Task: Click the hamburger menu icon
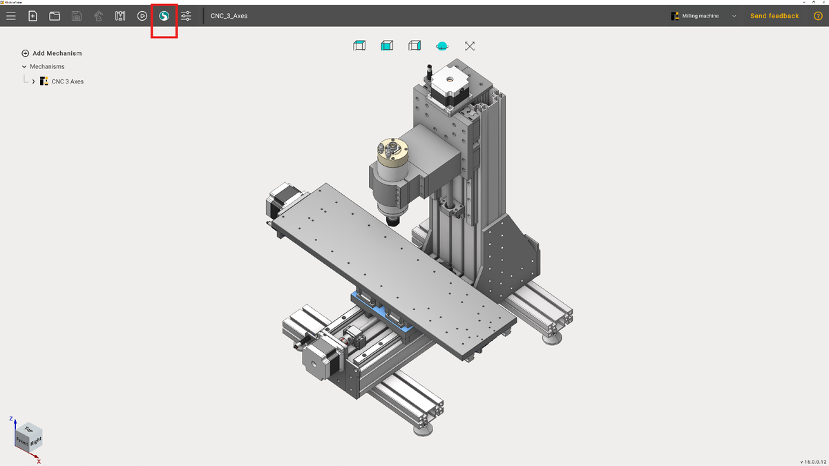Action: coord(11,16)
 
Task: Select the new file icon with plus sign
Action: coord(32,16)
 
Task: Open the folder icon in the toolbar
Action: coord(55,16)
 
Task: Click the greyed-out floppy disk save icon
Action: coord(77,16)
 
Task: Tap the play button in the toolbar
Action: coord(142,16)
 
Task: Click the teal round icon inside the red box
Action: coord(164,16)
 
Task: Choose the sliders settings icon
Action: coord(186,16)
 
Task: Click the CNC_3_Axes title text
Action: coord(229,16)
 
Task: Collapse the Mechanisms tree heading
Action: coord(25,67)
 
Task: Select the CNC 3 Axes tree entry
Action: coord(67,81)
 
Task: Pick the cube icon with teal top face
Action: coord(359,46)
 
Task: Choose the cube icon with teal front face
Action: coord(387,46)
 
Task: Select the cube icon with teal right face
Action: coord(414,46)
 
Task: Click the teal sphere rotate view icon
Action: coord(442,46)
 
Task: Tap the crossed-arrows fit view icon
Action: coord(470,46)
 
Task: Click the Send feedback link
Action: coord(774,16)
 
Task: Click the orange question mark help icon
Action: coord(818,16)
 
